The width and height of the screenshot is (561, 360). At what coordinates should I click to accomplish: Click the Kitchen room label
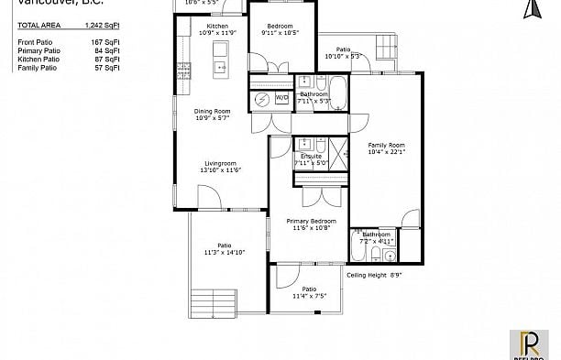coord(217,27)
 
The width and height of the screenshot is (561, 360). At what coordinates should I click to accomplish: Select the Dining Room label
coord(211,112)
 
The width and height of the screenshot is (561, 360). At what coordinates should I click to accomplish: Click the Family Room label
coord(386,145)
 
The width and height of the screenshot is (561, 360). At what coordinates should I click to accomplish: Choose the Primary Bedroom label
coord(311,222)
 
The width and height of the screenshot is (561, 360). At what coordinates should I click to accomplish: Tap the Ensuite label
coord(309,157)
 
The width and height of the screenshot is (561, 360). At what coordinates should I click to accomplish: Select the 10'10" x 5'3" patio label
coord(342,53)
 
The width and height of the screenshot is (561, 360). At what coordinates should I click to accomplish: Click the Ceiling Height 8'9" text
coord(374,273)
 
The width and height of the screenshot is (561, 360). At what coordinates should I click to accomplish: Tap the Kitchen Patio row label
coord(37,60)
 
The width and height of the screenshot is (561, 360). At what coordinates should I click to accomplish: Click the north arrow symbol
coord(528,9)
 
